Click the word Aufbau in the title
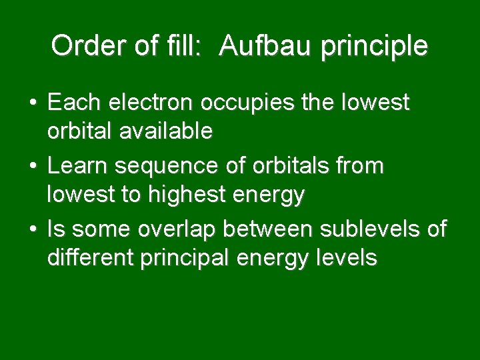point(260,46)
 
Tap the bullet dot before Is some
point(33,230)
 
